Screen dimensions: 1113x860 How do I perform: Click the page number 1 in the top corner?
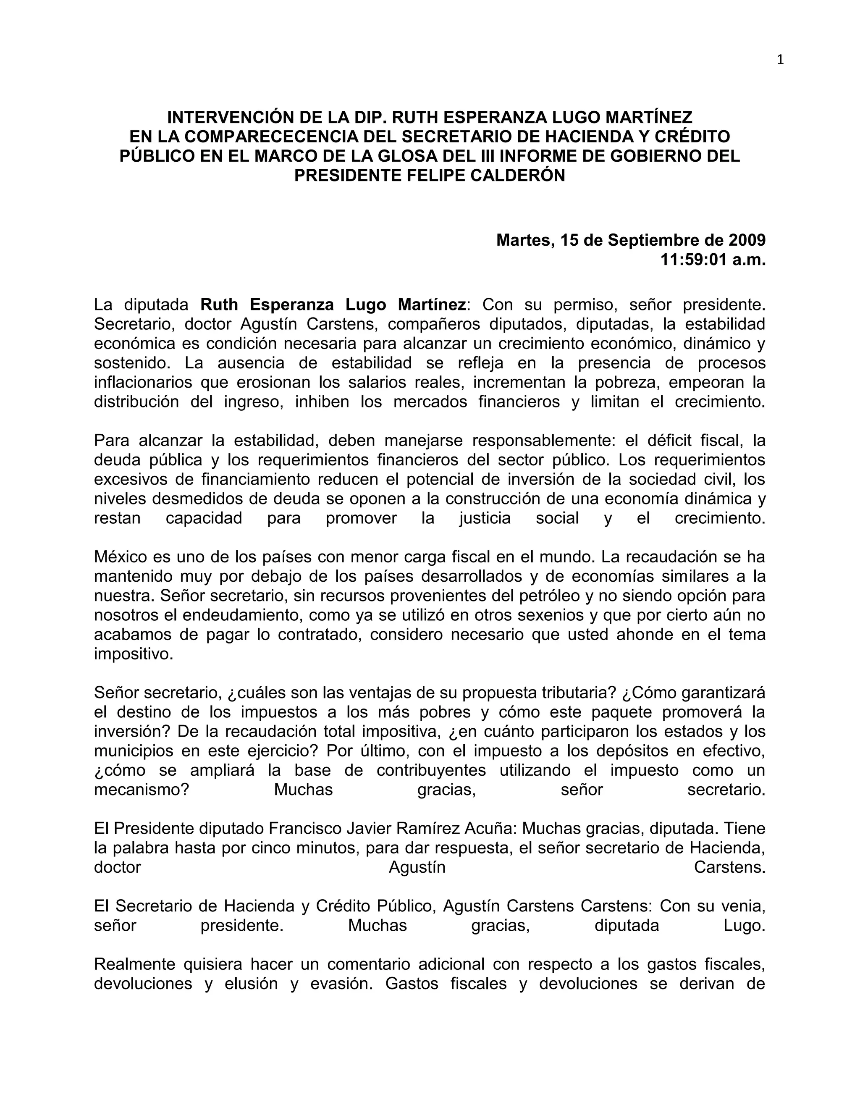(781, 60)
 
